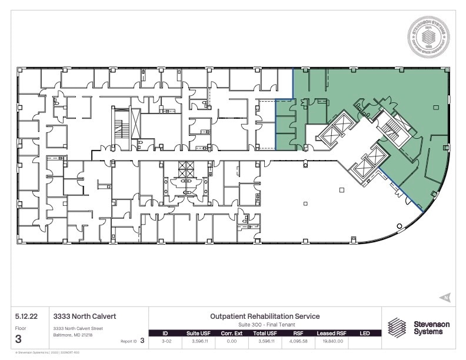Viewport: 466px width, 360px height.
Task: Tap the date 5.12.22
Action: click(x=26, y=316)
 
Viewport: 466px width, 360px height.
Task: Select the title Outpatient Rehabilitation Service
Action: click(x=264, y=316)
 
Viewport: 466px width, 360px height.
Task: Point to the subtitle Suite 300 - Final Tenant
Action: click(x=264, y=324)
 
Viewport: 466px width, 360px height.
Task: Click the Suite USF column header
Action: click(x=197, y=334)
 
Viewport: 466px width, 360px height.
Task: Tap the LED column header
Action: click(x=365, y=334)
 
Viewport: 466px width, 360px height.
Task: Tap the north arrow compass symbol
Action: click(x=446, y=297)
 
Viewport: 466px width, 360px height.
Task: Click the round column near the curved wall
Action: click(x=400, y=226)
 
